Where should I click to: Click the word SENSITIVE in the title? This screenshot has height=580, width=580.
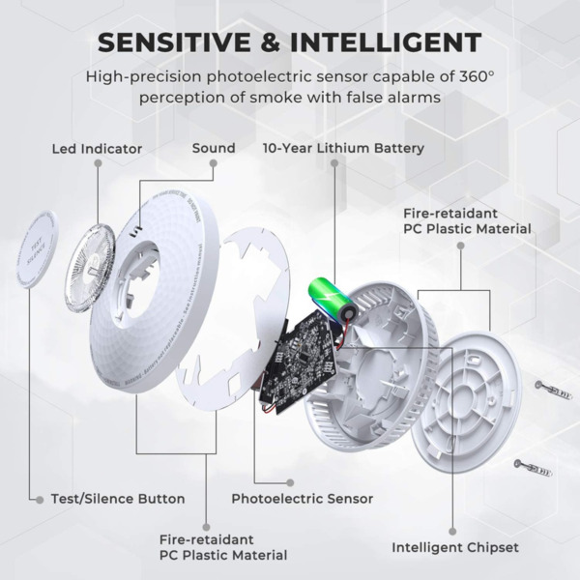181,43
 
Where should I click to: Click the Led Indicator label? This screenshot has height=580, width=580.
97,149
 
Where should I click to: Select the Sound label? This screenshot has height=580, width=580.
214,148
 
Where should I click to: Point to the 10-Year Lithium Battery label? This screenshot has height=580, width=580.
343,148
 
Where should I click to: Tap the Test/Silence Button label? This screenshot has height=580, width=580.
117,499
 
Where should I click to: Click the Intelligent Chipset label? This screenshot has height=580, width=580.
454,547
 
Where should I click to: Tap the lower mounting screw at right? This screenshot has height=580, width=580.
532,470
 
